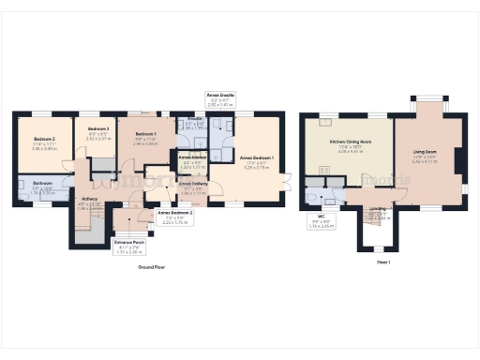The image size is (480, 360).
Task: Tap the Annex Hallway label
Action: pos(192,188)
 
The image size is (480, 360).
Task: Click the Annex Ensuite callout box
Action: pos(221,100)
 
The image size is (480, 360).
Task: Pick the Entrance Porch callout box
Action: pos(127,247)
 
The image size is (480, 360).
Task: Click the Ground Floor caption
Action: pos(152,267)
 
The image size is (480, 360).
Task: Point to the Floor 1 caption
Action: pos(382,262)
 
